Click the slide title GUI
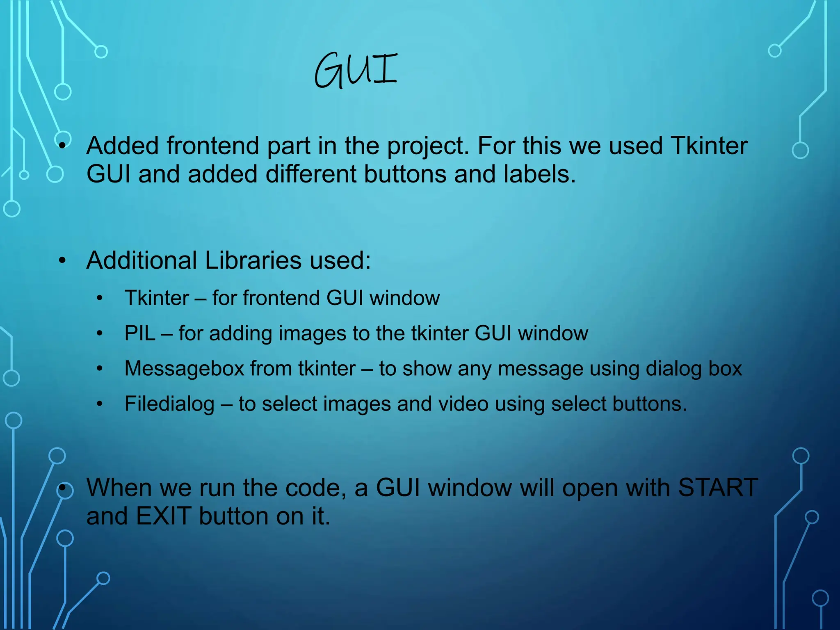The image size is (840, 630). pyautogui.click(x=355, y=71)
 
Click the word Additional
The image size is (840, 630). pyautogui.click(x=142, y=260)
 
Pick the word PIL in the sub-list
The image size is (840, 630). pyautogui.click(x=140, y=333)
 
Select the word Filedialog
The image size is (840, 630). pyautogui.click(x=169, y=404)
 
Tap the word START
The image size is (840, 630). pyautogui.click(x=718, y=488)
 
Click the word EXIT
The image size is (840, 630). pyautogui.click(x=164, y=516)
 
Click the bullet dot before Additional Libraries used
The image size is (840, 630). pyautogui.click(x=62, y=261)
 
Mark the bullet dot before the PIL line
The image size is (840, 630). pyautogui.click(x=100, y=333)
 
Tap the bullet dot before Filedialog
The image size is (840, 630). pyautogui.click(x=100, y=404)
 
